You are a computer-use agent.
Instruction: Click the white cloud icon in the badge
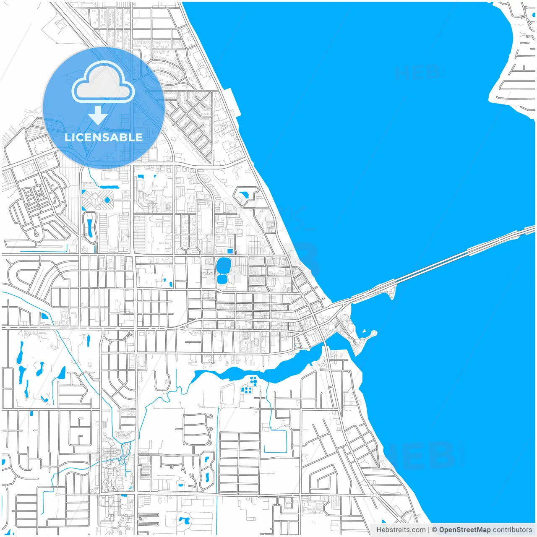point(103,83)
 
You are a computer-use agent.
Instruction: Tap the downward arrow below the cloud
point(98,115)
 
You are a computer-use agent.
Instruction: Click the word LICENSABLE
point(104,137)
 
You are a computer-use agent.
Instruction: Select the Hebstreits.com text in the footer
point(401,530)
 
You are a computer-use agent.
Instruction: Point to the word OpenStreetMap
point(464,530)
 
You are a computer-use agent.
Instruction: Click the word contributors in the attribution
point(512,530)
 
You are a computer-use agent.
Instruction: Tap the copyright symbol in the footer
point(434,530)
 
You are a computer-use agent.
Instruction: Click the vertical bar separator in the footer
point(429,530)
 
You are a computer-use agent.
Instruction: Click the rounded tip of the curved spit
point(373,334)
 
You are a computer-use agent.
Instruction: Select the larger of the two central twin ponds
point(223,265)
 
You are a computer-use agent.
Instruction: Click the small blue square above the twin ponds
point(229,251)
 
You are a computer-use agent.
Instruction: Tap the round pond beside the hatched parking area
point(107,201)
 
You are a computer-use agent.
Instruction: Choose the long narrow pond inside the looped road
point(89,227)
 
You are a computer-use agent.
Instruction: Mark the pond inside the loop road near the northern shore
point(244,195)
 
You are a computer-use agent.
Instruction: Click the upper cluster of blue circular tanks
point(253,381)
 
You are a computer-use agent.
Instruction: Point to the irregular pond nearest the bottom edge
point(183,521)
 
